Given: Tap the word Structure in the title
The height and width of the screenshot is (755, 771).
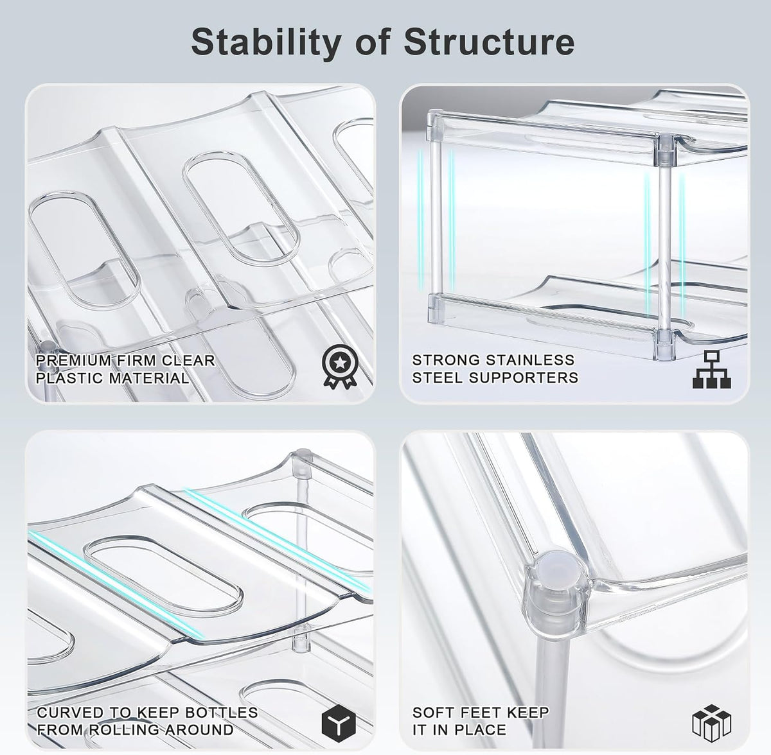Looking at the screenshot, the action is [x=489, y=42].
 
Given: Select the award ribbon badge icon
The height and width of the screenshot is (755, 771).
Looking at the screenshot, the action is [x=340, y=366].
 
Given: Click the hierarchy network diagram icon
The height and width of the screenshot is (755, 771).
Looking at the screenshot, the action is [x=712, y=370].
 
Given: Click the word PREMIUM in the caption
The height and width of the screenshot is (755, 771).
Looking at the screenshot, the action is [x=74, y=360].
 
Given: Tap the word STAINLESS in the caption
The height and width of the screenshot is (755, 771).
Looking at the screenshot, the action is [x=529, y=360].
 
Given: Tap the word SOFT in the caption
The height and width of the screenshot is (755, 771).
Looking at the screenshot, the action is [x=433, y=712].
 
